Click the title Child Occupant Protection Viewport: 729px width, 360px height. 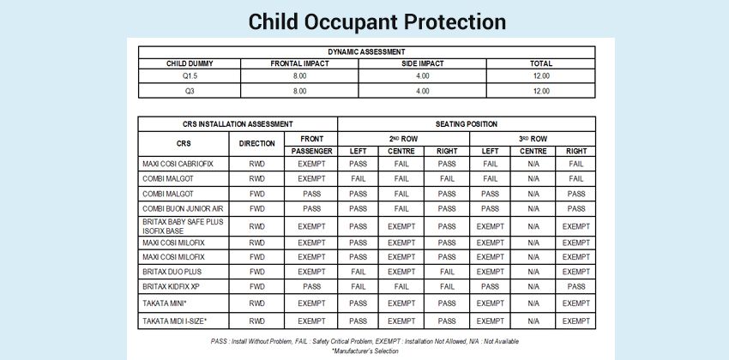pyautogui.click(x=364, y=21)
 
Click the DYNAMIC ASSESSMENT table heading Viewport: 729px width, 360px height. pyautogui.click(x=365, y=51)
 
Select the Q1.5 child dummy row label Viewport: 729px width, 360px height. pyautogui.click(x=190, y=76)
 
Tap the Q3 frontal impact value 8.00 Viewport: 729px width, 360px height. pyautogui.click(x=299, y=90)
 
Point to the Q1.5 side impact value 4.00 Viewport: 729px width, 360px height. pyautogui.click(x=422, y=76)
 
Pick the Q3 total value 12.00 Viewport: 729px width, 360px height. pyautogui.click(x=541, y=90)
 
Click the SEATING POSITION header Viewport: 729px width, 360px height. pyautogui.click(x=467, y=124)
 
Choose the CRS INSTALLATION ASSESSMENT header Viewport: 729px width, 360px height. pyautogui.click(x=238, y=124)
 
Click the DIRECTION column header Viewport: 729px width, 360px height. pyautogui.click(x=256, y=143)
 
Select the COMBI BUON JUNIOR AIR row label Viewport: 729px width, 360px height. pyautogui.click(x=182, y=208)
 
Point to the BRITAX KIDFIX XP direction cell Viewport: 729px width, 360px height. pyautogui.click(x=256, y=286)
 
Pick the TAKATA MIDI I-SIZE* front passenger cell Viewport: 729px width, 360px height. pyautogui.click(x=311, y=321)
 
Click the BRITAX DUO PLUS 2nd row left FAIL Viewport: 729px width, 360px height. pyautogui.click(x=358, y=271)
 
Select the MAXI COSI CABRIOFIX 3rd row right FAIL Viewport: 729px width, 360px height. pyautogui.click(x=576, y=163)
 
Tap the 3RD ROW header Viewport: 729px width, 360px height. pyautogui.click(x=533, y=137)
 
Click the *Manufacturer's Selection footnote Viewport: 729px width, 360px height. pyautogui.click(x=365, y=351)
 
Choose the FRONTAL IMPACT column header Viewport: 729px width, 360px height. pyautogui.click(x=299, y=63)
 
